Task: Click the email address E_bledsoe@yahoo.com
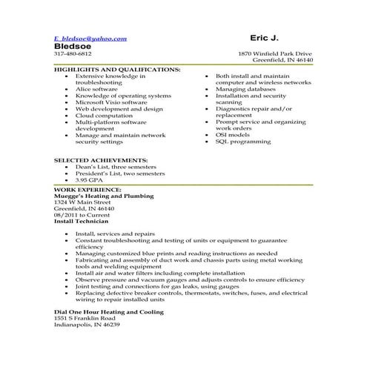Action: coord(90,38)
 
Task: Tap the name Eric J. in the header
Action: coord(265,37)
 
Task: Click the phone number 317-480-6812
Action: coord(73,54)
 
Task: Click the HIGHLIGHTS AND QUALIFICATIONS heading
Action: coord(117,69)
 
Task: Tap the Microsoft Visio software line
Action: coord(112,102)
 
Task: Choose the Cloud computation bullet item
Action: coord(104,116)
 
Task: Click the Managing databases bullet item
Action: coord(245,89)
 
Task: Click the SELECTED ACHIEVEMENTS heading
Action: coord(101,160)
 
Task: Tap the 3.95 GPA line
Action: coord(90,180)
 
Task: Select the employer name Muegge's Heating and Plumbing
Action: coord(104,196)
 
